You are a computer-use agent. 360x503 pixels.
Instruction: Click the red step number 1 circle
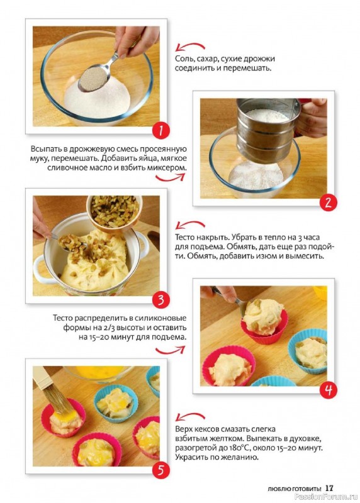(x=160, y=131)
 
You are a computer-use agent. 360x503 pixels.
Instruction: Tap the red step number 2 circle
(x=328, y=202)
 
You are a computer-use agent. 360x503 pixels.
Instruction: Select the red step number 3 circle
(x=160, y=301)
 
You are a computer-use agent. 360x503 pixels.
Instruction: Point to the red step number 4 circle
(x=328, y=390)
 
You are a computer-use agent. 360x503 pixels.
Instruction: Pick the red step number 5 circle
(x=160, y=470)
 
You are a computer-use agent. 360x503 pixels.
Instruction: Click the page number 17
(x=329, y=488)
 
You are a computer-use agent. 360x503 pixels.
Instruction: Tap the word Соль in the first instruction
(x=184, y=59)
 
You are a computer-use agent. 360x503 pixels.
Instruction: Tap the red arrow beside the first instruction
(x=190, y=47)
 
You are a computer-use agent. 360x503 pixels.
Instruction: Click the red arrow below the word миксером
(x=170, y=177)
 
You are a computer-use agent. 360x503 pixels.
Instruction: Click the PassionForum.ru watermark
(x=326, y=497)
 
